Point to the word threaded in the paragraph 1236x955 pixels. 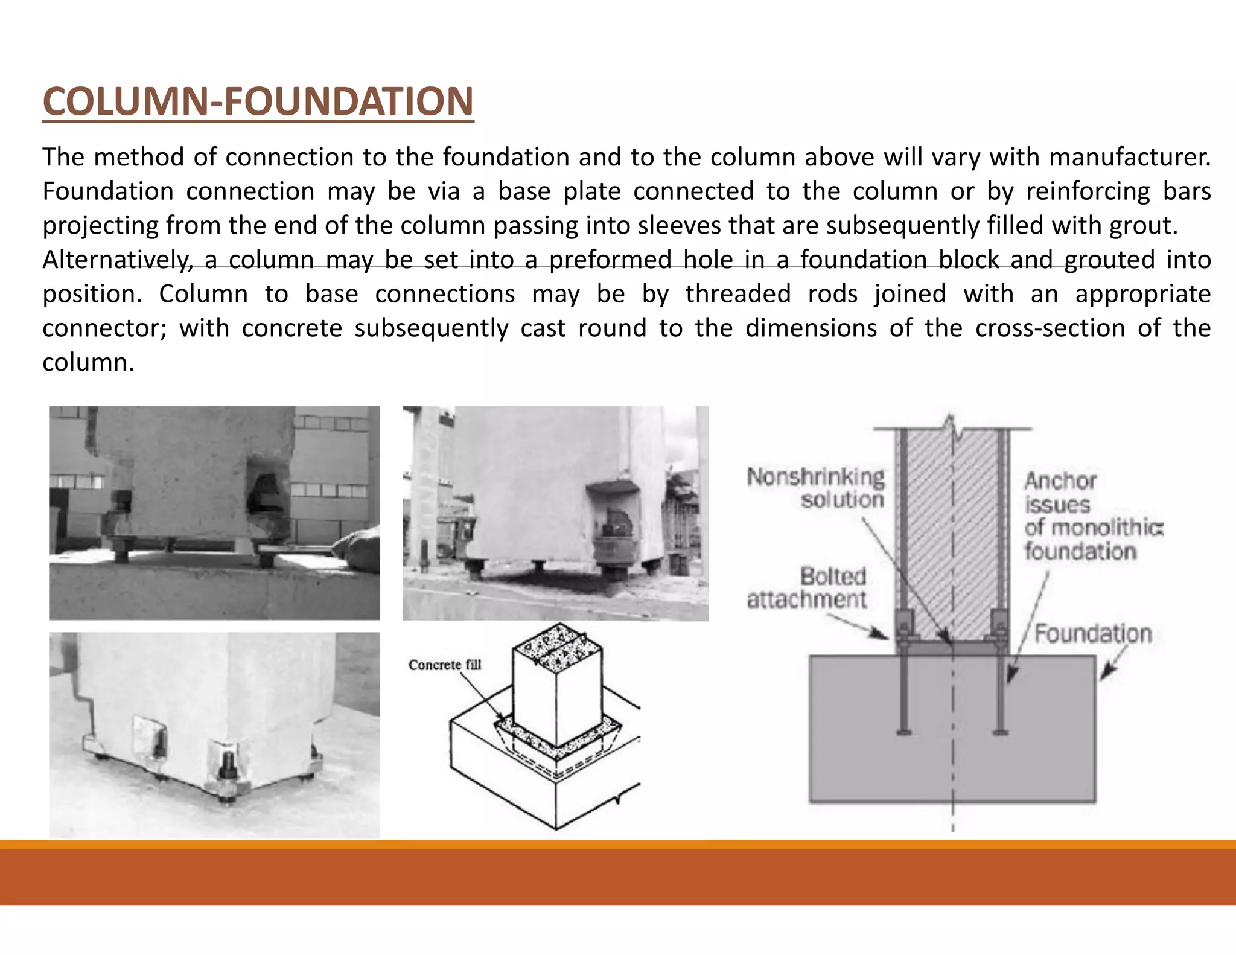737,295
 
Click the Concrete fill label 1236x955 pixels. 445,665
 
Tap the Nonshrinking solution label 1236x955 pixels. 816,488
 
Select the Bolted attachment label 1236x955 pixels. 807,588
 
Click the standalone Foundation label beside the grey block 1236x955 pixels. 1093,634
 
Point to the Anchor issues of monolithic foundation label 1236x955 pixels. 1092,516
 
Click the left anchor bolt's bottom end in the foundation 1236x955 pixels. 903,732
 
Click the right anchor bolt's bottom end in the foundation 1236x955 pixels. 1001,732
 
